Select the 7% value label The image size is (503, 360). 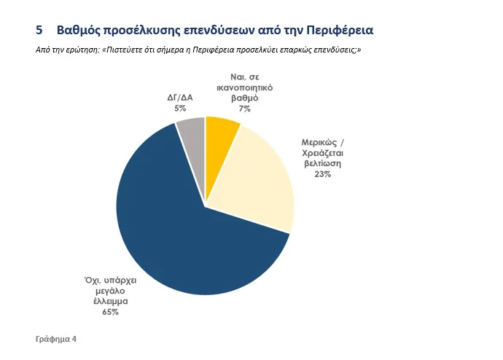[x=245, y=109]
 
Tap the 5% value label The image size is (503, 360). [x=179, y=108]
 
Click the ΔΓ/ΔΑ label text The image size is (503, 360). [x=179, y=98]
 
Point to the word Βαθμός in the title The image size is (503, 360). [x=79, y=31]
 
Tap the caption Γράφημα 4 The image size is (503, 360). [x=55, y=339]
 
